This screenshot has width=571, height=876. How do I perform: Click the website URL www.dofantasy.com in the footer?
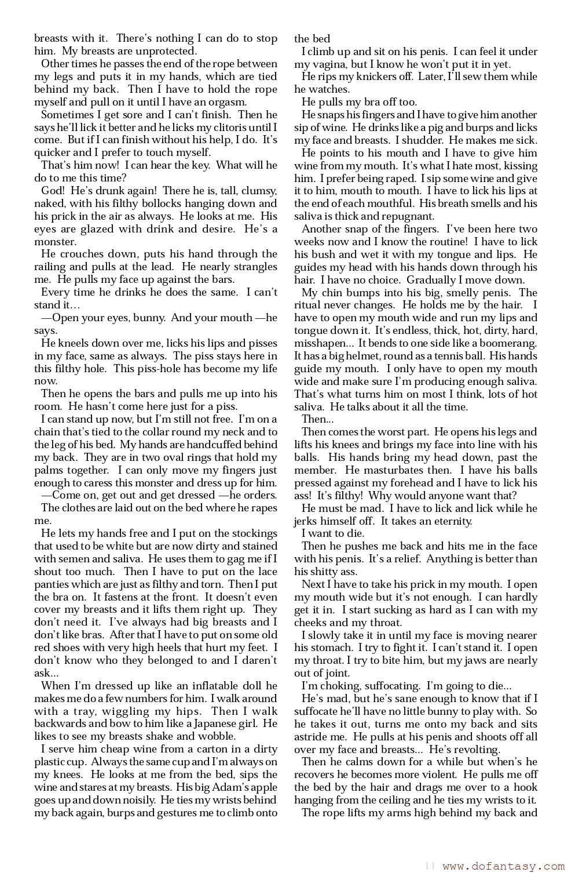(503, 866)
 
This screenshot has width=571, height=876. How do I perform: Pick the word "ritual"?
(308, 305)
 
